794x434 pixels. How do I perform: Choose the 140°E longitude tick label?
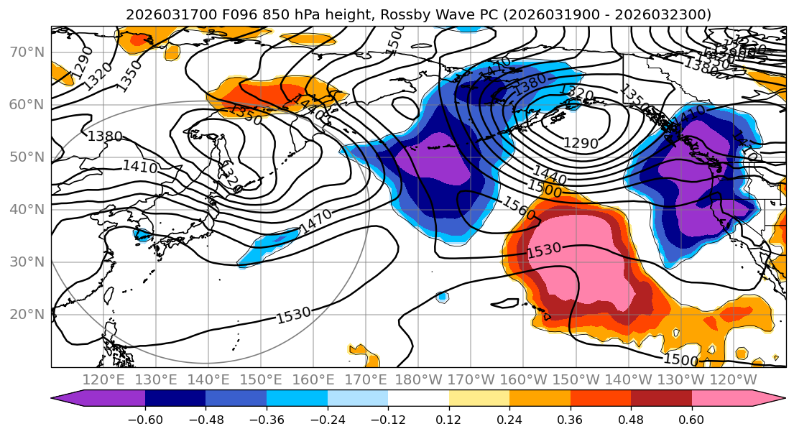[x=209, y=379]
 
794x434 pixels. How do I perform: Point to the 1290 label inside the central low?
[x=581, y=143]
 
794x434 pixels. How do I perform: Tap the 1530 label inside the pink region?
[x=544, y=251]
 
